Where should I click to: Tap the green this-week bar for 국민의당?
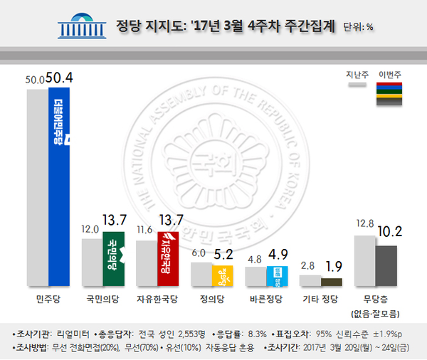pos(113,259)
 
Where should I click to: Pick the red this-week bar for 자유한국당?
pos(167,259)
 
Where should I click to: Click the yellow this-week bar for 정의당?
pos(222,275)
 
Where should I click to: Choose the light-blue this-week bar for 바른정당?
pos(276,276)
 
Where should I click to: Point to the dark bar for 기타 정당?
pos(331,282)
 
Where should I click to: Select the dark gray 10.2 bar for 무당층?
pos(386,265)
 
